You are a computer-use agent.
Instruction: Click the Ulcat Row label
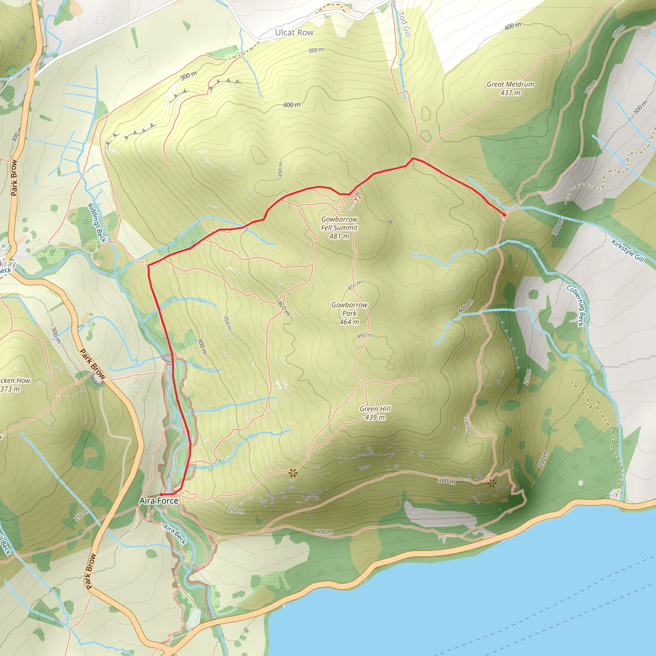point(294,33)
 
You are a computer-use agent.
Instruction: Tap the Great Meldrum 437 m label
point(510,88)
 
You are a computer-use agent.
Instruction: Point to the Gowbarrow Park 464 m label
point(349,313)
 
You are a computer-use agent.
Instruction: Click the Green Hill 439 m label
point(375,413)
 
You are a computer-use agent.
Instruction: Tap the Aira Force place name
point(159,501)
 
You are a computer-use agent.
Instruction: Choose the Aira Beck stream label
point(175,534)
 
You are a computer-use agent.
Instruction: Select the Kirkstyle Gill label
point(628,250)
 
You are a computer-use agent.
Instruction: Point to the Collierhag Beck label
point(578,306)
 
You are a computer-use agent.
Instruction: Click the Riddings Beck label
point(97,222)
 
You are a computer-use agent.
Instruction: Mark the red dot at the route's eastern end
point(504,215)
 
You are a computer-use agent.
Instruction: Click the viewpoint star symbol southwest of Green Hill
point(292,473)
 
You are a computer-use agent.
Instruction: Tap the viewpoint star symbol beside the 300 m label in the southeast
point(492,483)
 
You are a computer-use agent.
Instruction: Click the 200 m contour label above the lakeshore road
point(324,532)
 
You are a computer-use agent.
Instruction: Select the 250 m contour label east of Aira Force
point(236,510)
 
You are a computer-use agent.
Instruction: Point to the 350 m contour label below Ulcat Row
point(316,50)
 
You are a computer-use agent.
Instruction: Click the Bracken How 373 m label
point(13,385)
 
